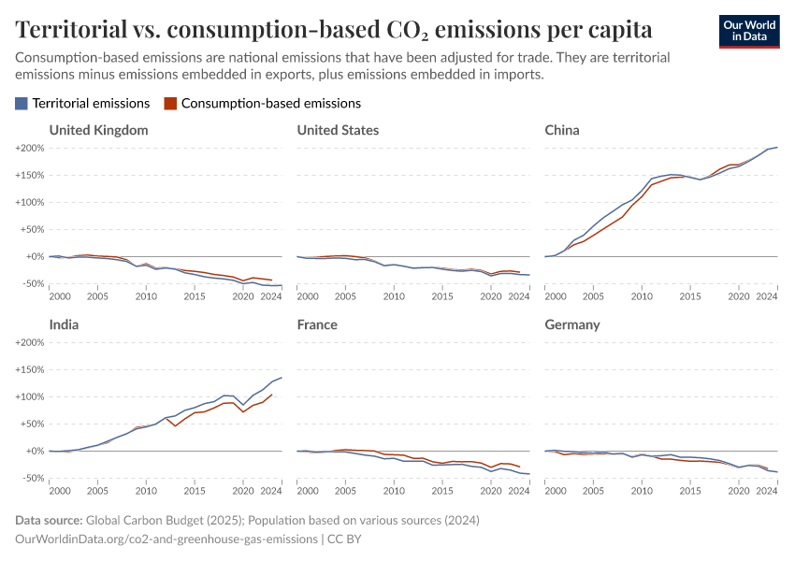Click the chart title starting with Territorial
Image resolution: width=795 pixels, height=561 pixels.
334,29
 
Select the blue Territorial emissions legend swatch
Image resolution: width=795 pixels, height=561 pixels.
22,104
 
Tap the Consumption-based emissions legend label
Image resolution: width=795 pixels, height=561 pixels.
270,104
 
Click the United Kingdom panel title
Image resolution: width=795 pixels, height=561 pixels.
98,130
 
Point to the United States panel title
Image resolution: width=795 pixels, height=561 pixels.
338,130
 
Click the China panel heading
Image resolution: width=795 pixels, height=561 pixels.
562,130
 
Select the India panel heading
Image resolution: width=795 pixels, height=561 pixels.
64,324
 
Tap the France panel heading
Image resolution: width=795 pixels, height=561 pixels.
317,324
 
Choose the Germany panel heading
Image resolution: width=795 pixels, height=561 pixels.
572,324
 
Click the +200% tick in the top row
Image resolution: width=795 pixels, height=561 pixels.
31,148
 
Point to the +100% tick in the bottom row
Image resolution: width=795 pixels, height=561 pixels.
31,396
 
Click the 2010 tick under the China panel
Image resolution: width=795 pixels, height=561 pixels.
642,296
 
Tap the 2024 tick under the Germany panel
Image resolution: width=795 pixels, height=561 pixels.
767,491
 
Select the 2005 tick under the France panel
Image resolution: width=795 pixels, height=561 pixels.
345,491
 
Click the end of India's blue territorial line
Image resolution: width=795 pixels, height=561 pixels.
282,378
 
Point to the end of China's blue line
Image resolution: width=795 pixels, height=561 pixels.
777,147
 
